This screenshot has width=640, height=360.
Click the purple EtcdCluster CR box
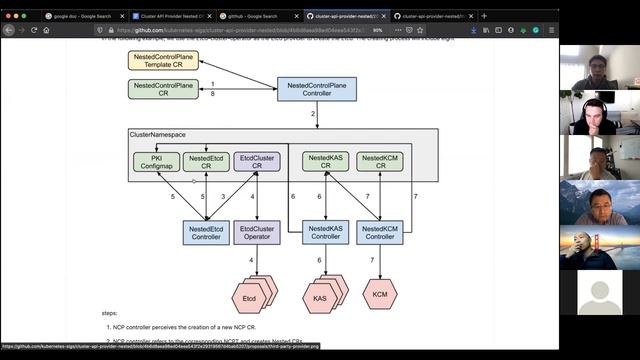tap(256, 161)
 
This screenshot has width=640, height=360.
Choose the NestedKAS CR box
tap(326, 161)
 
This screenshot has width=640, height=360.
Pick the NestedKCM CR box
tap(380, 161)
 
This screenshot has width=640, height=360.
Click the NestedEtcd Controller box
tap(206, 233)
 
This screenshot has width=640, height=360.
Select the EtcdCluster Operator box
tap(257, 233)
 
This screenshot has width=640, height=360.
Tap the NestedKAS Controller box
tap(326, 233)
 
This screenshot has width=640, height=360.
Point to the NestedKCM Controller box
tap(380, 233)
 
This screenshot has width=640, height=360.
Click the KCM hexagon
tap(380, 295)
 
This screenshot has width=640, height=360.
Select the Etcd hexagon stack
tap(250, 297)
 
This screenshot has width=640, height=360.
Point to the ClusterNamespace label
tap(158, 135)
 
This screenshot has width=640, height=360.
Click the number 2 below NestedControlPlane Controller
tap(313, 114)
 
